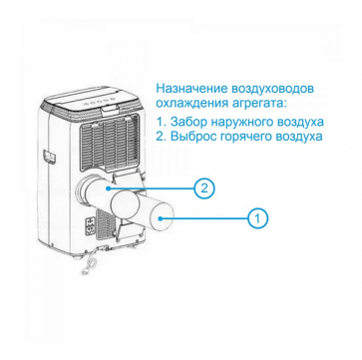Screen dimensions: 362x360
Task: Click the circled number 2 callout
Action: coord(204,188)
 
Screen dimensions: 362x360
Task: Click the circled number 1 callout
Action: coord(257,218)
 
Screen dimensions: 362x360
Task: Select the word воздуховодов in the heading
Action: coord(270,90)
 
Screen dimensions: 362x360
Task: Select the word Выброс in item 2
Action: coord(191,137)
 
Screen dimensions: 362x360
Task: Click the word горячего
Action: coord(242,138)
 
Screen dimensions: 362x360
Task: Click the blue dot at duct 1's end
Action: coord(161,218)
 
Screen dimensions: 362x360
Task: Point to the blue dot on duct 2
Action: coord(109,188)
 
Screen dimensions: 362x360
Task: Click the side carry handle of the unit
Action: coord(48,157)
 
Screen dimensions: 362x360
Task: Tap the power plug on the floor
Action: coord(87,268)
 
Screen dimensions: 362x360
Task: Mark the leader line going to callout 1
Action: coord(204,218)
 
